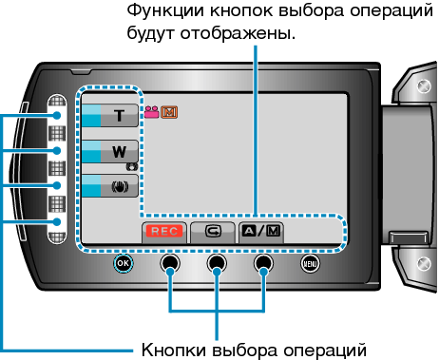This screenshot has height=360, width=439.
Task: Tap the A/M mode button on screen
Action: coord(260,231)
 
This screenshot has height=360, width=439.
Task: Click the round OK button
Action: coord(123,263)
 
